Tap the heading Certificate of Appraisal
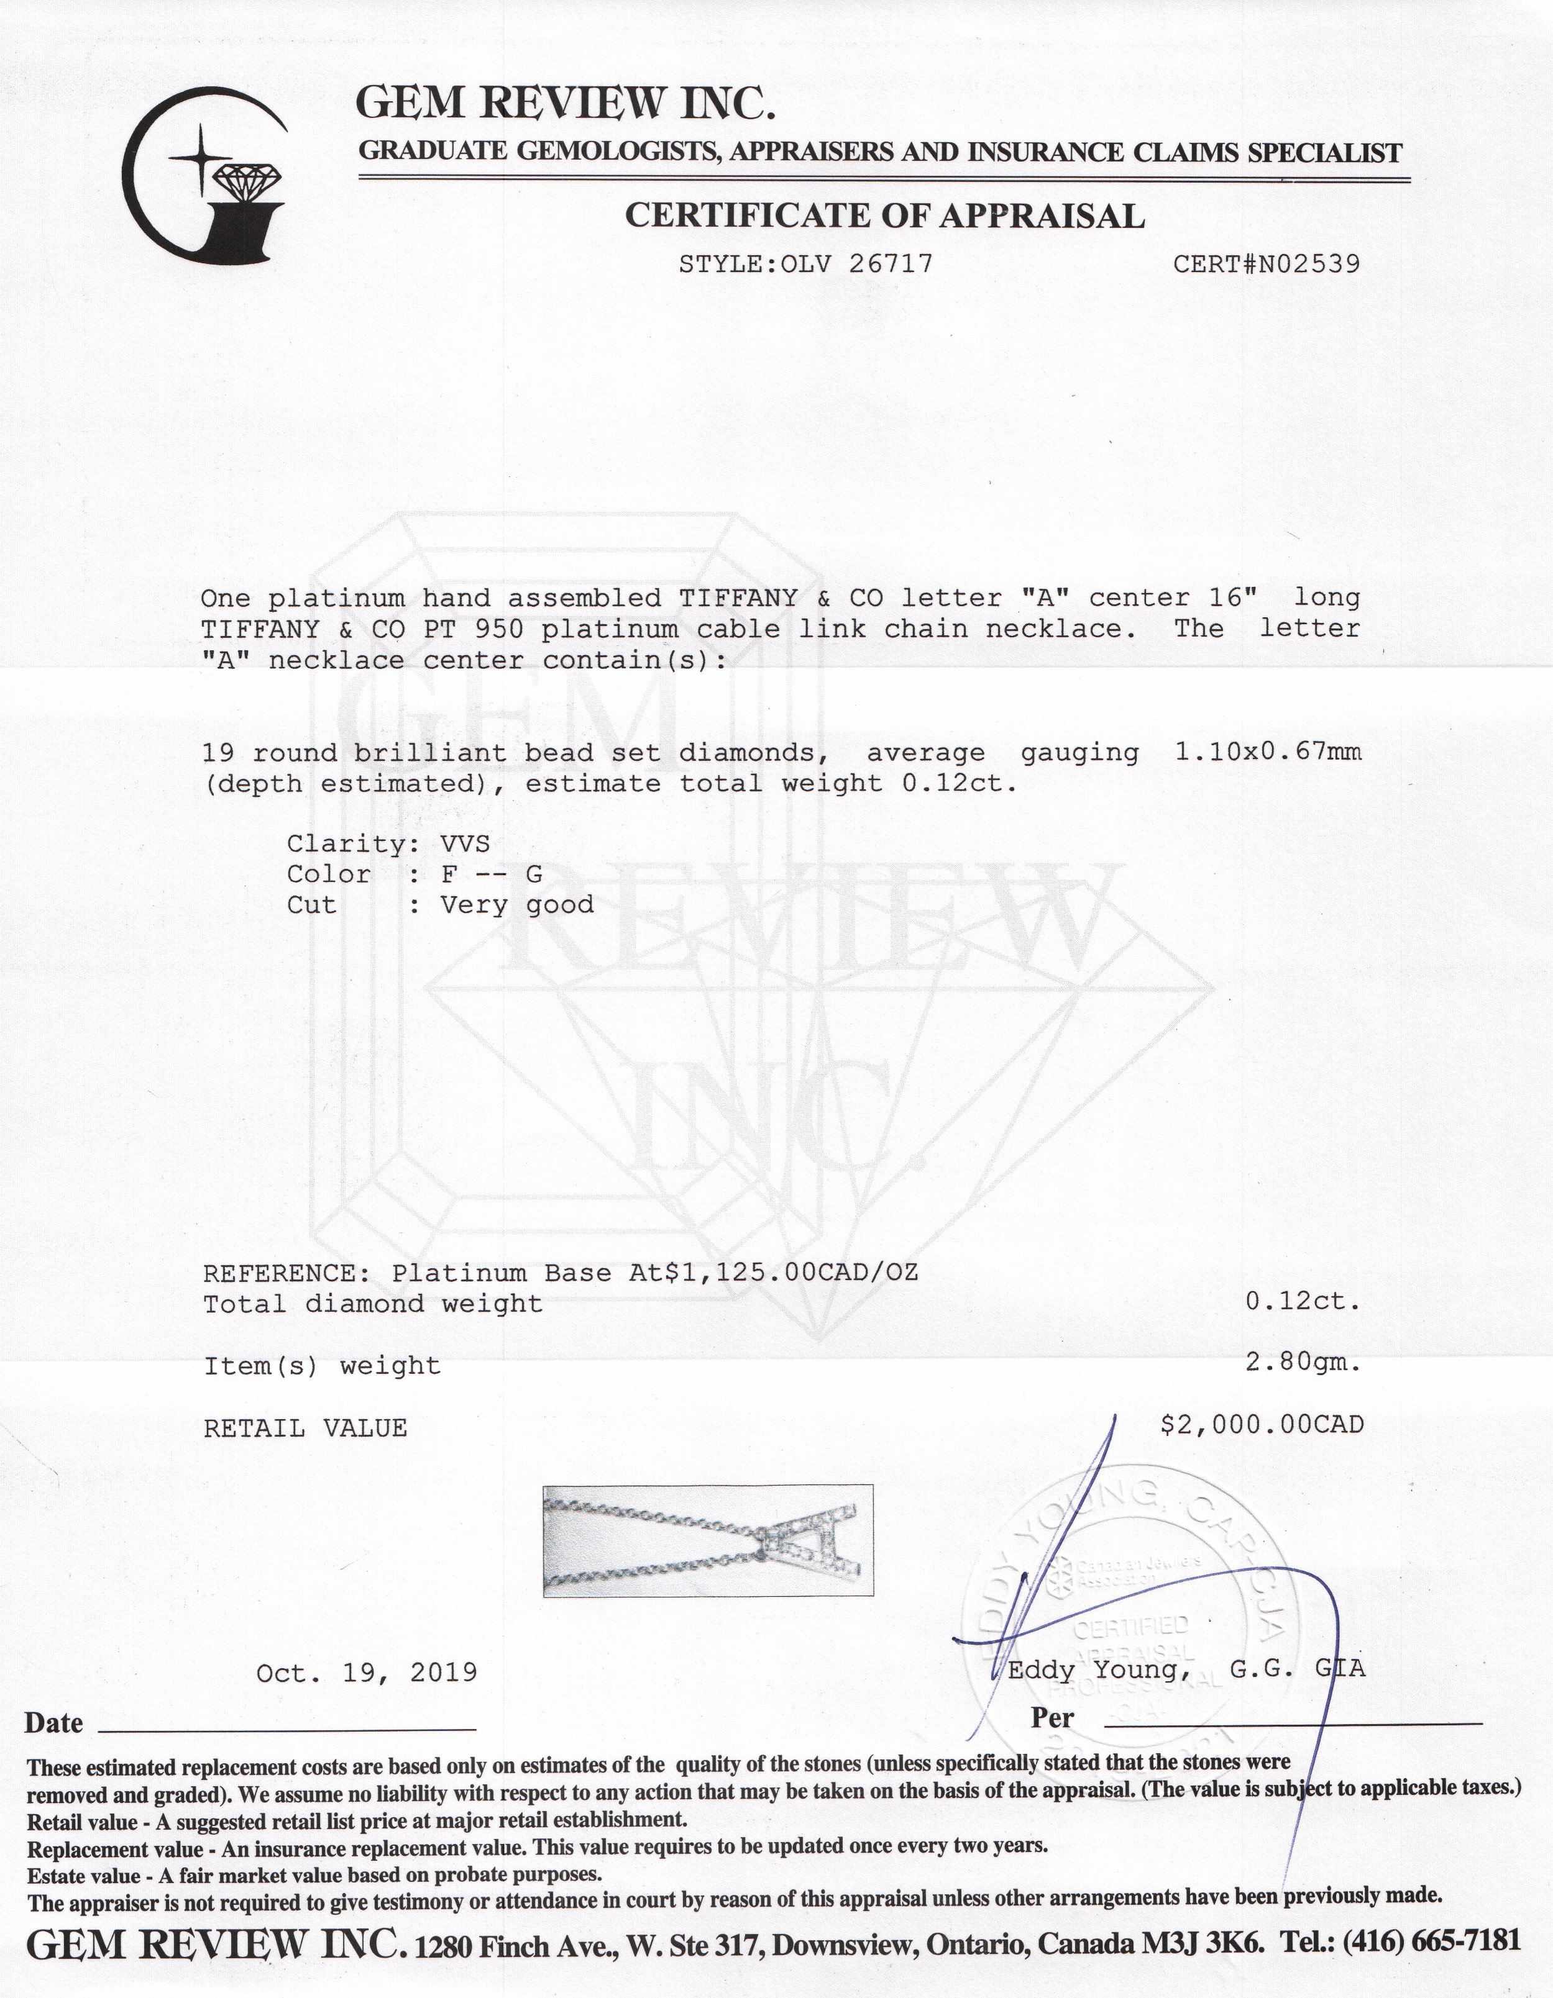tap(884, 216)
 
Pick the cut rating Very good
tap(517, 906)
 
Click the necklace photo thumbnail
tap(707, 1542)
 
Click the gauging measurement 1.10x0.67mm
tap(1268, 752)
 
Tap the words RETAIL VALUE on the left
tap(305, 1428)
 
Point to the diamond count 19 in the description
tap(218, 753)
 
